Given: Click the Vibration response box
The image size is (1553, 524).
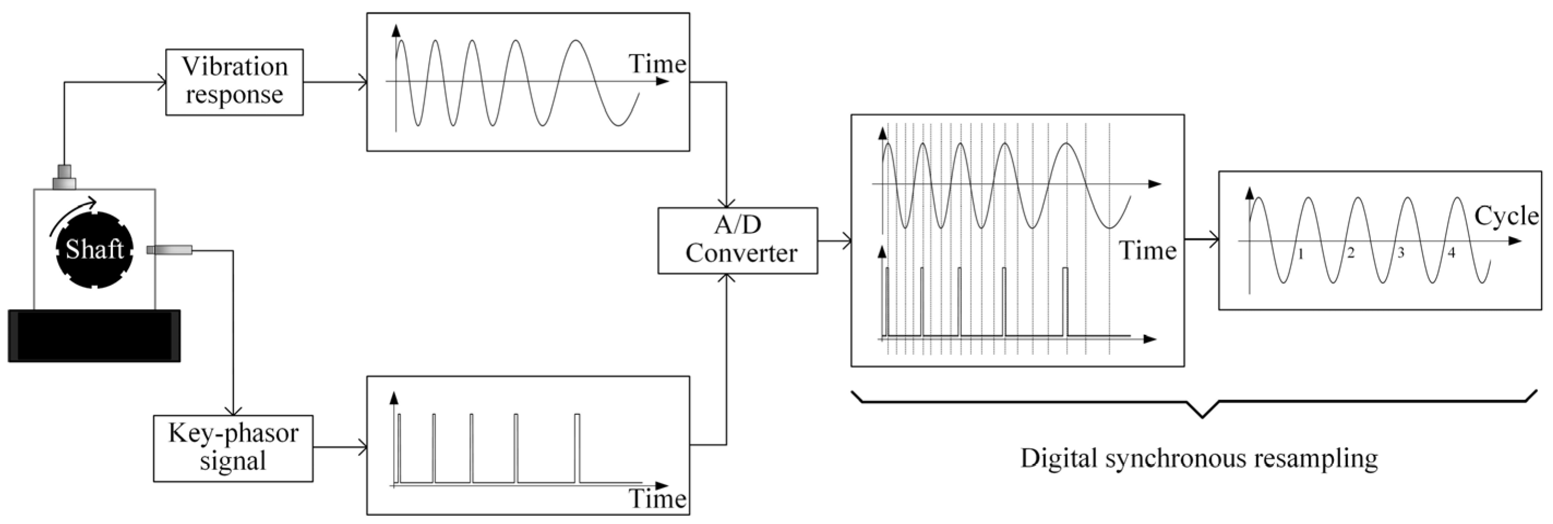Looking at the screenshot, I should pos(234,82).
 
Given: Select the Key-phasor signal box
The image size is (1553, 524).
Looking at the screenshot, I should pos(233,448).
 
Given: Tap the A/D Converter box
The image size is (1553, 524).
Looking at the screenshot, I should pos(737,240).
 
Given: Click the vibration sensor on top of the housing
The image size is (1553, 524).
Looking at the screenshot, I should pos(64,177).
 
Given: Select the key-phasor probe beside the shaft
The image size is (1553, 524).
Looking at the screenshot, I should pos(170,250).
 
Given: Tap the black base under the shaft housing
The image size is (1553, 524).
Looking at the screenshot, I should pos(94,336).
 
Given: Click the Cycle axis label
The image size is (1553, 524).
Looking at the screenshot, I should pos(1506,216).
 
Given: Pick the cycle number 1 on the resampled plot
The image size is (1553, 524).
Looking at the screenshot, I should pos(1301,254).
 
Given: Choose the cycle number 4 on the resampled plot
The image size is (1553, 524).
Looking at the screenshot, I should pos(1451,252).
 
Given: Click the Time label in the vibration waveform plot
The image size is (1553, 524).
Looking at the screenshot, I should pos(657,64).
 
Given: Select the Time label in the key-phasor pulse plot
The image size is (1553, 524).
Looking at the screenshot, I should pos(657,499).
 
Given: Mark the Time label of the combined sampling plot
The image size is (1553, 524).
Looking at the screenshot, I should pos(1147,250).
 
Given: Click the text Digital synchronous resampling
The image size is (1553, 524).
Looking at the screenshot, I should pos(1199,458).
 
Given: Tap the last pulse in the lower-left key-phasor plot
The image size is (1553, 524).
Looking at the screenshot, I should pos(577,448).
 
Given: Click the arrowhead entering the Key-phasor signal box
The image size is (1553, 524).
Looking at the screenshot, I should pos(233,410).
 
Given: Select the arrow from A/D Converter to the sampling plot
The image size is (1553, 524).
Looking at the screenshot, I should pos(834,241).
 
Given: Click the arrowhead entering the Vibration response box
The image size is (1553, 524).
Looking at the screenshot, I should pos(161,83).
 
